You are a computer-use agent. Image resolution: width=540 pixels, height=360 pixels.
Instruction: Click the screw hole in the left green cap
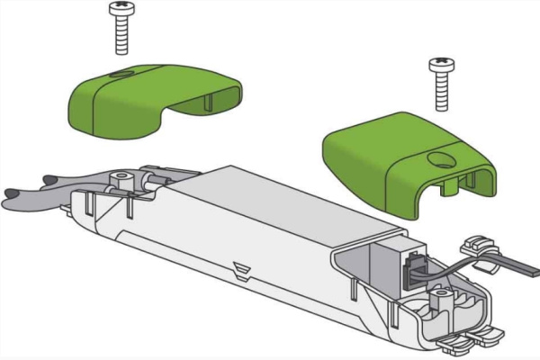(123, 74)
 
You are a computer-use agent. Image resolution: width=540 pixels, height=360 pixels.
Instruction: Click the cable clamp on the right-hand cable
(476, 247)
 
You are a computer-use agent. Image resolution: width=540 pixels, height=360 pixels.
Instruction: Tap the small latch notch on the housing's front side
(238, 268)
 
